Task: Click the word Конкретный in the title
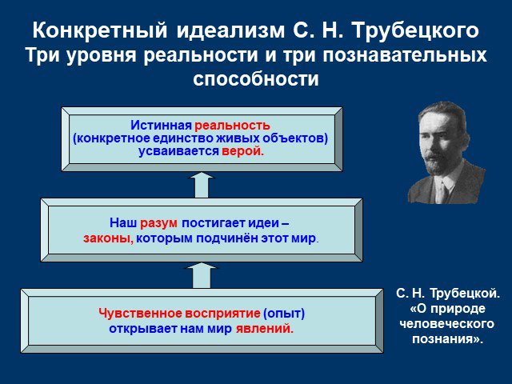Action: pos(100,30)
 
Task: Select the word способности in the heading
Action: pos(256,78)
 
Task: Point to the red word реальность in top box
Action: pos(232,125)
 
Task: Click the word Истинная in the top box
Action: pos(161,125)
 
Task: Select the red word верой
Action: pos(242,151)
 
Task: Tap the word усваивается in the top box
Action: pos(178,151)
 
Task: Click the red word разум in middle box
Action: pos(158,223)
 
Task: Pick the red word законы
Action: pos(109,238)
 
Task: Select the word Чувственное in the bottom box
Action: pos(141,313)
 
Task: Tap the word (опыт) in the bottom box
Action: pos(284,313)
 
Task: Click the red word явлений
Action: pos(265,328)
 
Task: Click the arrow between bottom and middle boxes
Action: pos(201,276)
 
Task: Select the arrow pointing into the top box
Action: pos(201,185)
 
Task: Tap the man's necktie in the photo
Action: pos(442,191)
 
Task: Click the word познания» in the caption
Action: pos(447,339)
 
